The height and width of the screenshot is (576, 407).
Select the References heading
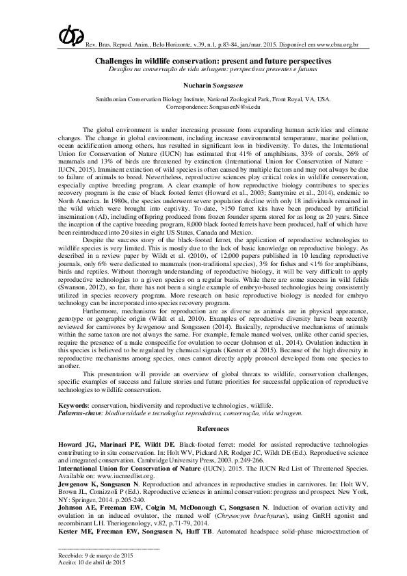coord(203,428)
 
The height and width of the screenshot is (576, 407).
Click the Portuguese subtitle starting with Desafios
coord(202,70)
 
